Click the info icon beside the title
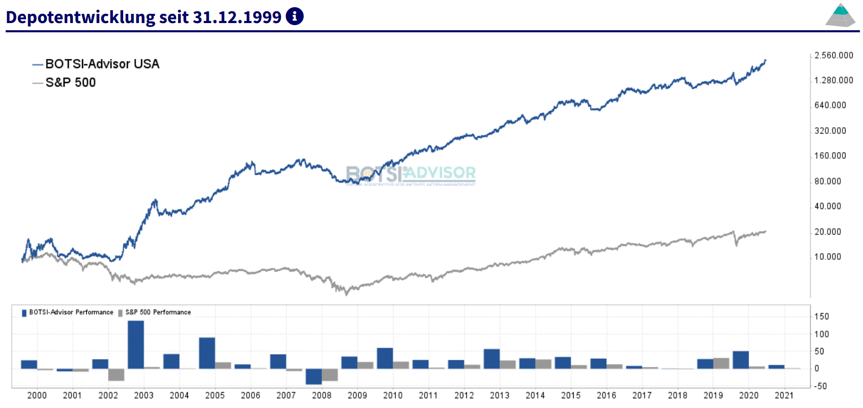295,16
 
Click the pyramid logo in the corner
840,15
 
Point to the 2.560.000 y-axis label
834,55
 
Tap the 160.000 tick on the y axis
830,156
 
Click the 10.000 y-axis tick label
828,257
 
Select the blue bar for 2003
136,344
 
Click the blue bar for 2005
207,353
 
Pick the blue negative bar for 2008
313,376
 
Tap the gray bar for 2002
116,374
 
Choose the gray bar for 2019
721,363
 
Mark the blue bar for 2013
492,359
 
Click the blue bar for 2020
740,360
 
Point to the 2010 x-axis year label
393,395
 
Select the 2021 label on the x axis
783,395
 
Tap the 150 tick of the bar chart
821,316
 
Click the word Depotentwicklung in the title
80,17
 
